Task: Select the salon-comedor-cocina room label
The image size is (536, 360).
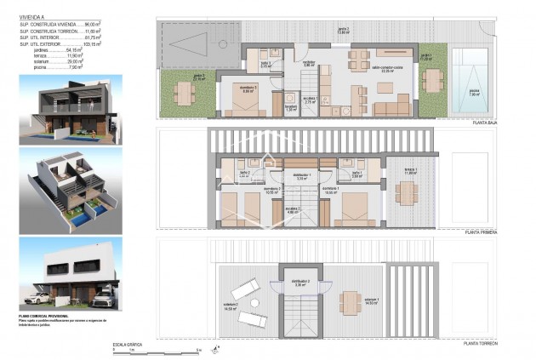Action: point(387,71)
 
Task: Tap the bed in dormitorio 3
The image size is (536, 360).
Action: point(244,101)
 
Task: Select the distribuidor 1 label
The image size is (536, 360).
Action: point(301,176)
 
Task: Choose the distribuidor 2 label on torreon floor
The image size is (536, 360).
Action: point(300,282)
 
